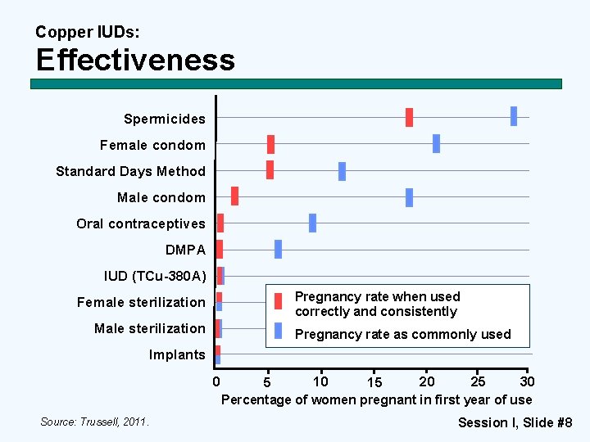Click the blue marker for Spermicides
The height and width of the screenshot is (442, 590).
[x=514, y=116]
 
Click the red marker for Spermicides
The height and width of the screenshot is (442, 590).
[x=409, y=117]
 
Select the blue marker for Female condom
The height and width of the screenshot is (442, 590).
[x=436, y=143]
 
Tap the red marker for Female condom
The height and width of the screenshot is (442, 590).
[x=270, y=144]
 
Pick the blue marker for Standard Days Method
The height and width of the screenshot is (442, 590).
[x=342, y=171]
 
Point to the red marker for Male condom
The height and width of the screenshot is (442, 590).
[x=234, y=196]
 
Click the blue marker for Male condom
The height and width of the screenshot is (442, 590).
[x=409, y=197]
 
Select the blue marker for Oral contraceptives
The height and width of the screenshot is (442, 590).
[x=312, y=223]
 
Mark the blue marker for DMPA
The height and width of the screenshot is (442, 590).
[x=278, y=249]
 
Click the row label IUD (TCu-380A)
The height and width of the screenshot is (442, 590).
[x=154, y=276]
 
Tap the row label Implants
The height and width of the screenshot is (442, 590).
[x=177, y=354]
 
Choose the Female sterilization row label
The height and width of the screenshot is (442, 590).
[x=141, y=302]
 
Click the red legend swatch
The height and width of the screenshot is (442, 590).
[x=279, y=301]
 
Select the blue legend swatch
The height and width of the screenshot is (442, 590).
[x=279, y=331]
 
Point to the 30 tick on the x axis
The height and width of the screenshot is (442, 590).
[x=528, y=381]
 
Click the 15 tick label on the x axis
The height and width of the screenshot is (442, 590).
[x=374, y=383]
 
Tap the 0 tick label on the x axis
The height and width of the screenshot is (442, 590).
[x=216, y=381]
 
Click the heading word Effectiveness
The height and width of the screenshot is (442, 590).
[x=135, y=60]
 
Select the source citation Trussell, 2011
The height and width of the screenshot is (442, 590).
[x=95, y=422]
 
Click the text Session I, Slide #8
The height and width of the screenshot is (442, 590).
[x=515, y=422]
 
